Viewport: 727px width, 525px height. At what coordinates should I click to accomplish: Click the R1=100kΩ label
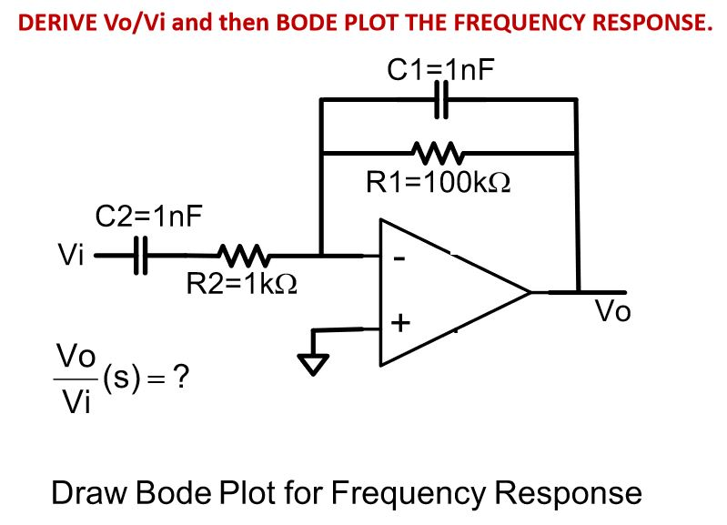click(x=438, y=182)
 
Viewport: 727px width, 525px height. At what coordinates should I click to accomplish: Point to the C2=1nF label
click(x=149, y=217)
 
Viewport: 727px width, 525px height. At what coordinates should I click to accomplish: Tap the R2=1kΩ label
click(x=241, y=285)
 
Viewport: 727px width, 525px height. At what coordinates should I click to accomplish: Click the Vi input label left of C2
click(x=70, y=256)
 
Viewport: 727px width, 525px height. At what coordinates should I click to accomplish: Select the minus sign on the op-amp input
click(x=398, y=260)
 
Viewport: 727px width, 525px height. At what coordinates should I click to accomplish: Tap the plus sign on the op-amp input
click(x=400, y=323)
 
